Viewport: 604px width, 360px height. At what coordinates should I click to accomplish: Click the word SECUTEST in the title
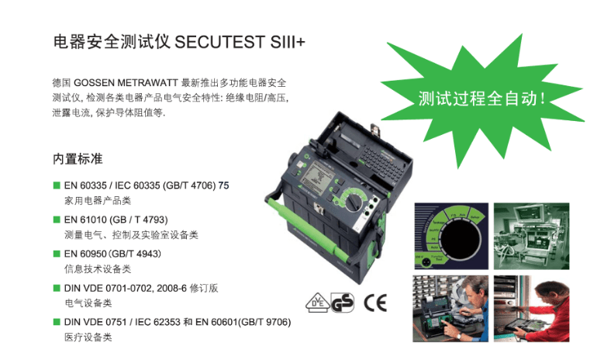pyautogui.click(x=220, y=41)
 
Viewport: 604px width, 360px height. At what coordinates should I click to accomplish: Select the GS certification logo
pyautogui.click(x=342, y=303)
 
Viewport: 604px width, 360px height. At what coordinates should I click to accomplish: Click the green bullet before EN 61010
pyautogui.click(x=57, y=220)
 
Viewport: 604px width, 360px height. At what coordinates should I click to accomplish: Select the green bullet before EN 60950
pyautogui.click(x=57, y=254)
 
